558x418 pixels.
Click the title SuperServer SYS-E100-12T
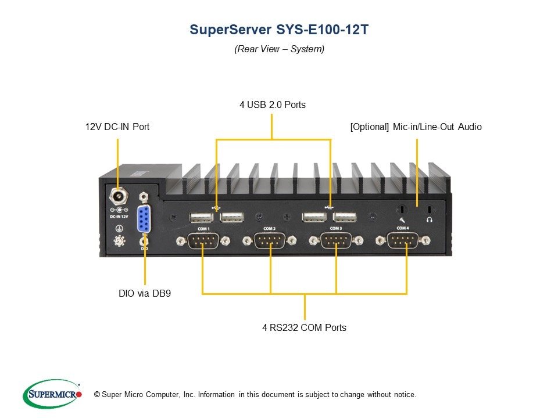[x=279, y=30]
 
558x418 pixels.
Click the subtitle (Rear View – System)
[x=279, y=49]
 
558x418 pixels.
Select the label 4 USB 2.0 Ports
[x=272, y=105]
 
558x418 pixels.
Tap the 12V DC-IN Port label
[x=117, y=127]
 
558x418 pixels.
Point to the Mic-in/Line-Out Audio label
[x=416, y=127]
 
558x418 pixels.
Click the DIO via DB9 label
[x=145, y=294]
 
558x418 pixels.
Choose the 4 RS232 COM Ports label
[x=304, y=327]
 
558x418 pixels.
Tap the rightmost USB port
[x=345, y=217]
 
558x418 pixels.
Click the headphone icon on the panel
[x=429, y=220]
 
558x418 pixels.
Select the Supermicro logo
[x=51, y=394]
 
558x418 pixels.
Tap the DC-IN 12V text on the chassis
[x=119, y=216]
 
